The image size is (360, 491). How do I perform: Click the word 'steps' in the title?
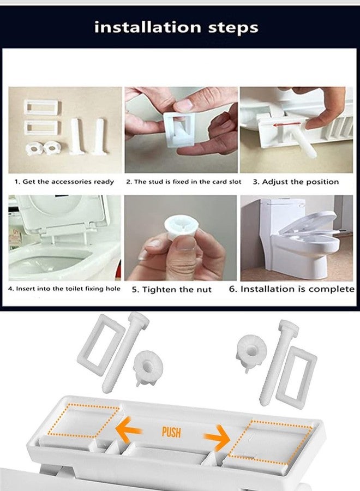(233, 28)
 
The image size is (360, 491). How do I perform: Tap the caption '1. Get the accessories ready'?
(64, 182)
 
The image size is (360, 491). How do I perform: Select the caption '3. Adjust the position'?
(296, 182)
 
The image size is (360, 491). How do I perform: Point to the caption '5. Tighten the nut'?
(172, 290)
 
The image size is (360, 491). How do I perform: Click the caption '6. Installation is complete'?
(292, 289)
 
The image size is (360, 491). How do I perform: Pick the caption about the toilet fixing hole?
(64, 289)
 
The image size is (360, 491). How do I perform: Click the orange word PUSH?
(171, 432)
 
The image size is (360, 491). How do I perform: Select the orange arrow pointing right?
(217, 437)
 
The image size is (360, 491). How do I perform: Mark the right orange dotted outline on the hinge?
(270, 442)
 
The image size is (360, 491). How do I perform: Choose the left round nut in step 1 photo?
(34, 149)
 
